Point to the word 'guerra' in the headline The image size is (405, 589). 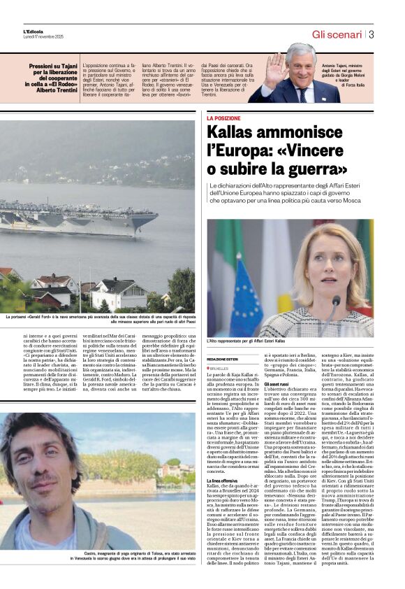(309, 168)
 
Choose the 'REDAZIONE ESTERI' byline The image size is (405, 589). (222, 359)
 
